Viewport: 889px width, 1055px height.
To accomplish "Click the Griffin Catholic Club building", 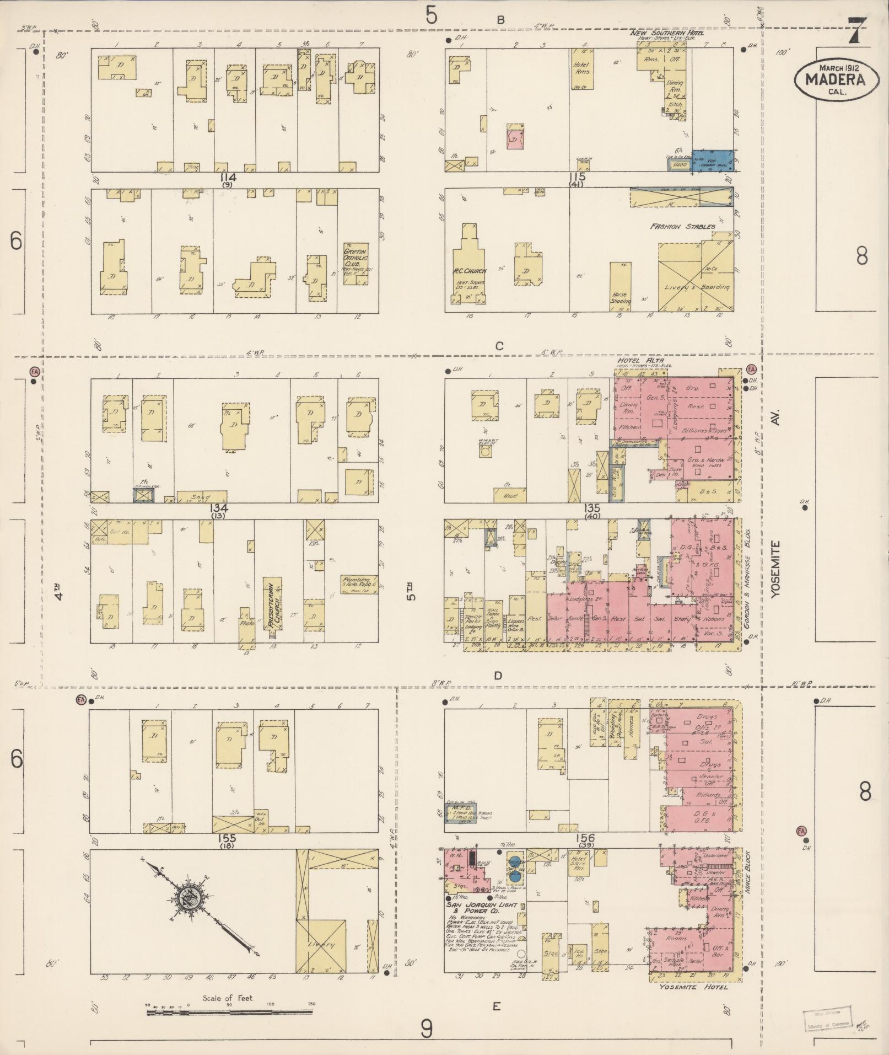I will (356, 263).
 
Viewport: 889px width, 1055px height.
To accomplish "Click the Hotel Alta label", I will (640, 361).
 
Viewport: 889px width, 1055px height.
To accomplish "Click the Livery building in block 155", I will (321, 945).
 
